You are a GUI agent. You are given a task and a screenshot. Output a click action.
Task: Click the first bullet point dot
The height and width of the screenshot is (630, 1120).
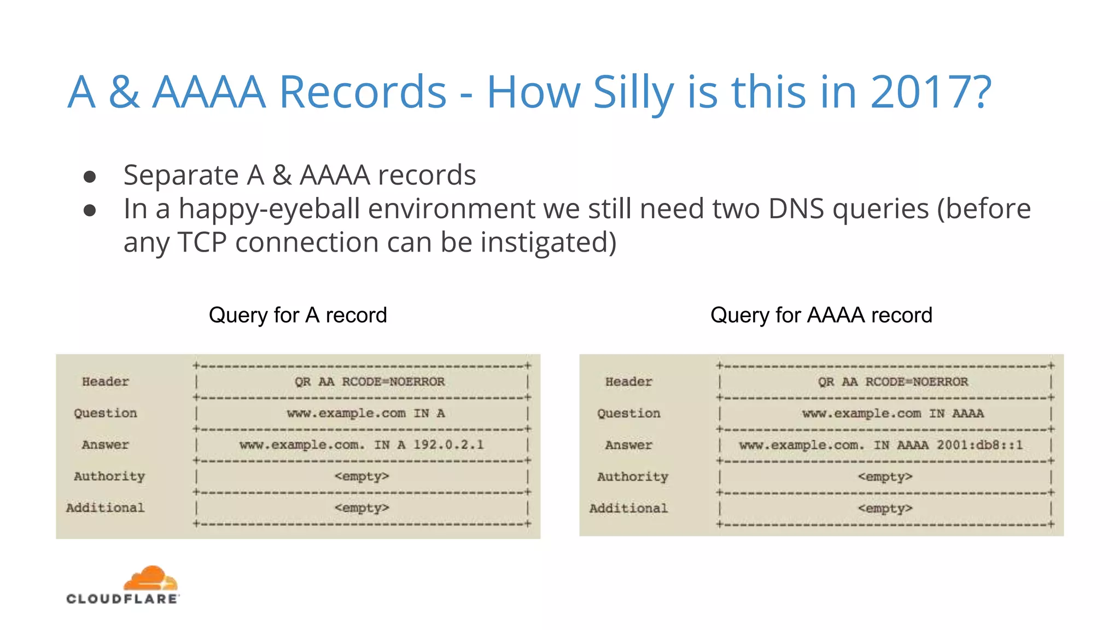(x=90, y=177)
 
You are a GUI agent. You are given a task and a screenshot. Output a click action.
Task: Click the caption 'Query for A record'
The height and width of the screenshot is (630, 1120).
(x=297, y=315)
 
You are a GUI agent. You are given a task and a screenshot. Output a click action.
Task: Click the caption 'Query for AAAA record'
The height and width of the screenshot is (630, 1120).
(x=821, y=315)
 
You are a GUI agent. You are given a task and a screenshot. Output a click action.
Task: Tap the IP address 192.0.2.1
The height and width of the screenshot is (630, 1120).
(x=448, y=445)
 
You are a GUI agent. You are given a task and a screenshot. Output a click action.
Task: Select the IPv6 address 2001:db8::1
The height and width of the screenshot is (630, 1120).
(x=979, y=445)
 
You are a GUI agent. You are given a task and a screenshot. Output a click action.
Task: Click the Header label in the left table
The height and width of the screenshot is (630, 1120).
(x=105, y=382)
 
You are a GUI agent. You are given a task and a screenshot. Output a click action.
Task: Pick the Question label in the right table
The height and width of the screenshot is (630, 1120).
(x=628, y=413)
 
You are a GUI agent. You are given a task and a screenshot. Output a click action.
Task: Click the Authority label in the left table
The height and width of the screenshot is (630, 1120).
(x=109, y=476)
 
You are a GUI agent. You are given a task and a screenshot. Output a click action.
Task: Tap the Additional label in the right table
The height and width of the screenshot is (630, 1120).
(x=628, y=509)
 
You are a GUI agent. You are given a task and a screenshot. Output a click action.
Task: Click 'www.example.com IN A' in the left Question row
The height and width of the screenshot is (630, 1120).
(x=365, y=413)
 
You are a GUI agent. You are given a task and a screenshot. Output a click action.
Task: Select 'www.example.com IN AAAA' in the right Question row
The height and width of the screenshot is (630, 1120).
(x=892, y=413)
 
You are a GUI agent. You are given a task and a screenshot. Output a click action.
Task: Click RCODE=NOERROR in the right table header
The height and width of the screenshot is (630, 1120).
(x=916, y=382)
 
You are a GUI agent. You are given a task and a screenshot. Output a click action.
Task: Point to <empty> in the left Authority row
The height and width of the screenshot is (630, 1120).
(x=361, y=476)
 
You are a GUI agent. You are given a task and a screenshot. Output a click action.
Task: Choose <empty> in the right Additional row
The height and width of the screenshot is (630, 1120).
(x=885, y=509)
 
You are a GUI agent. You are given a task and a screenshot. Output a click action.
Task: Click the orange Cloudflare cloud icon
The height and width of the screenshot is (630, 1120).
(x=150, y=578)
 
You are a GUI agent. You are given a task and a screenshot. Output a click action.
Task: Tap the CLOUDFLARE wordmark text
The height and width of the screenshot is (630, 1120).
(x=122, y=599)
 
